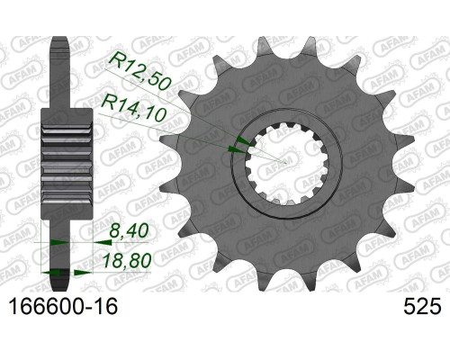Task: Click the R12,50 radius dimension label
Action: [x=140, y=72]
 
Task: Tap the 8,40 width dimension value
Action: [x=130, y=231]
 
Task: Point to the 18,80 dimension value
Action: [x=126, y=260]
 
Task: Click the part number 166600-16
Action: [x=64, y=307]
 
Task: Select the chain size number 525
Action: [x=422, y=307]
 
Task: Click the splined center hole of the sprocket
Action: [x=287, y=164]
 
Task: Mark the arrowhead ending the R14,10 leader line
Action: [x=237, y=149]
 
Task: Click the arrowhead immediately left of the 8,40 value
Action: [x=102, y=241]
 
